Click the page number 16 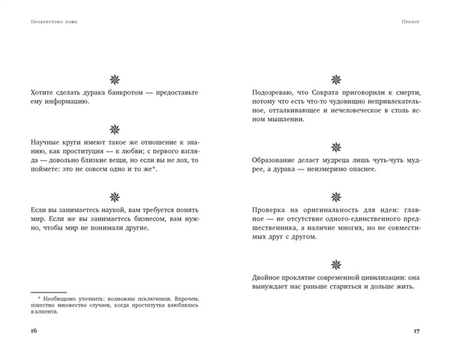(32, 331)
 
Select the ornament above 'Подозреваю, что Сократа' (335, 78)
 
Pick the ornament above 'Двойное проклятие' (335, 262)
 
